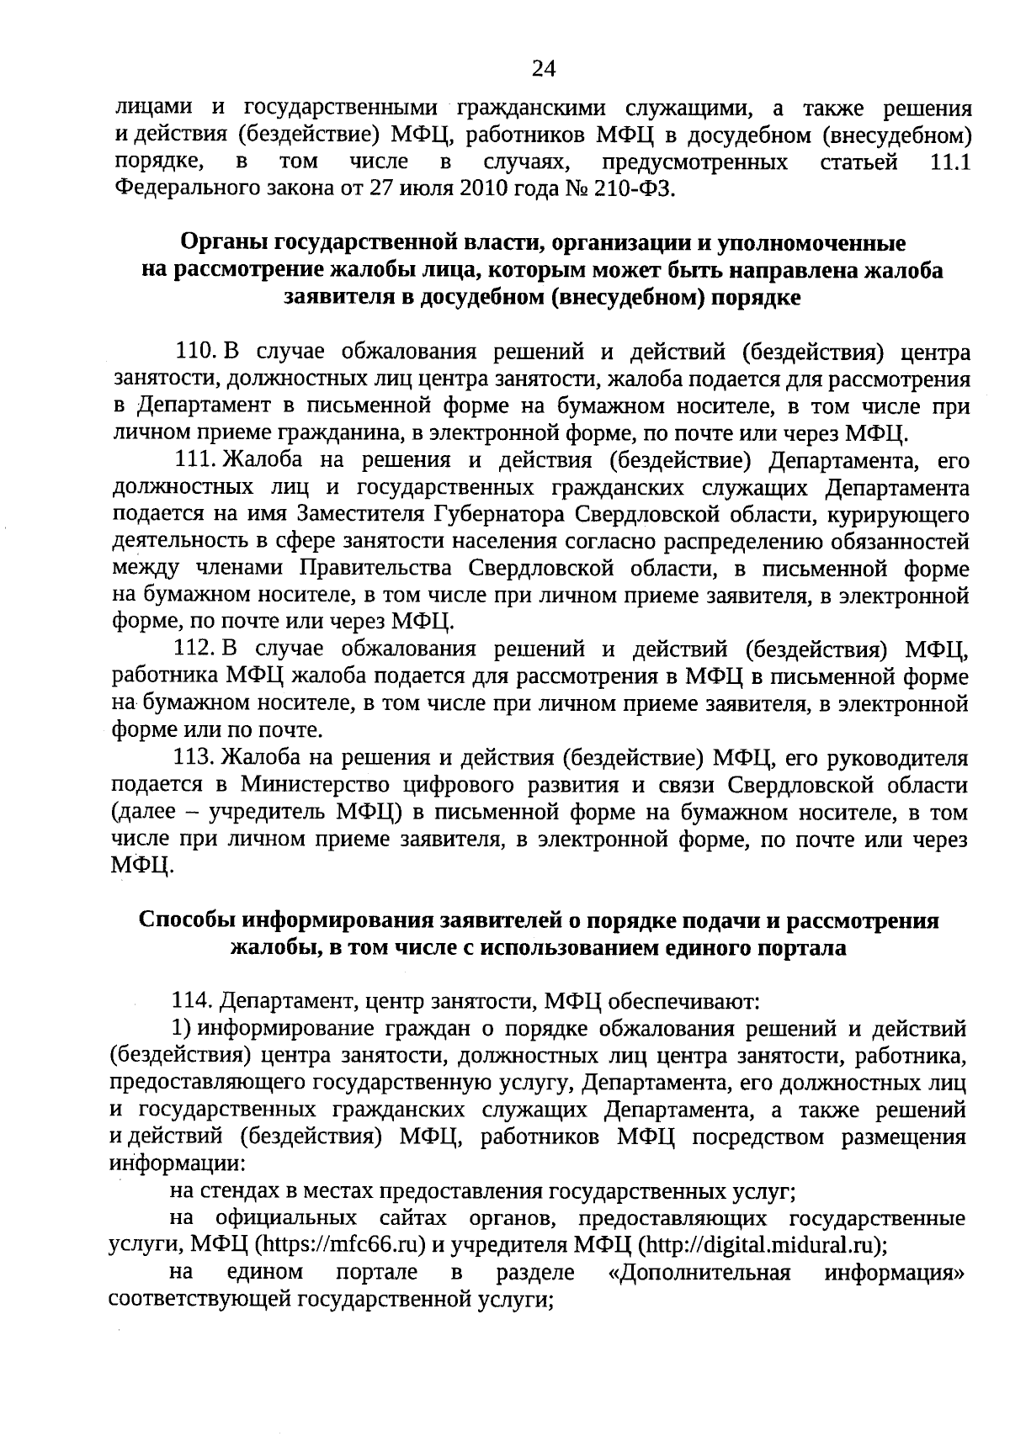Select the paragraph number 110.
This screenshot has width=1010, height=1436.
click(x=194, y=351)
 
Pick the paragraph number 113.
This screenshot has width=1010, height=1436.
click(x=194, y=758)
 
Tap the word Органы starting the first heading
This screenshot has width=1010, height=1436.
click(x=221, y=243)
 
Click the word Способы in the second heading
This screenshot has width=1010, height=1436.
click(x=187, y=920)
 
